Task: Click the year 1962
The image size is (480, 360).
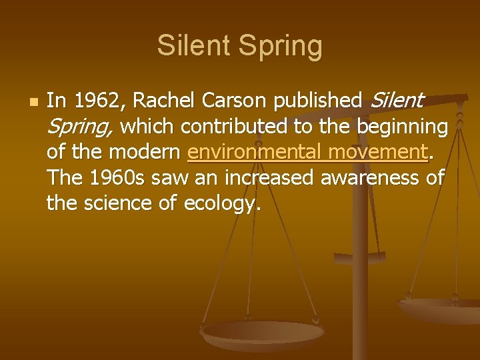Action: pyautogui.click(x=100, y=101)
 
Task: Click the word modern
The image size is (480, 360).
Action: pyautogui.click(x=149, y=152)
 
